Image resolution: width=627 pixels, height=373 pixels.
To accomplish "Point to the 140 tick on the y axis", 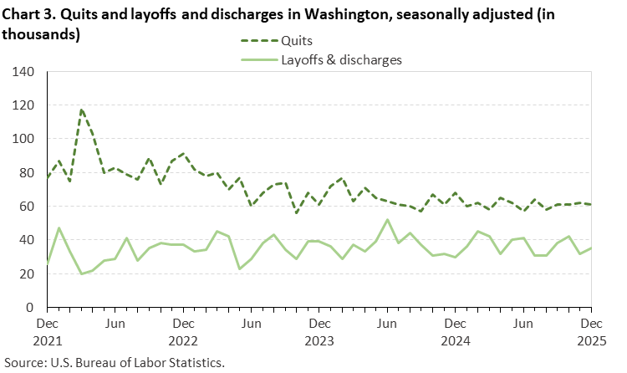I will click(23, 72).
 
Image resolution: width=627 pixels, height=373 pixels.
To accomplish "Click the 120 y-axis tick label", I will click(23, 105).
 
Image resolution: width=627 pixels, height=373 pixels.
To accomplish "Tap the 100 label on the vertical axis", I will click(23, 139).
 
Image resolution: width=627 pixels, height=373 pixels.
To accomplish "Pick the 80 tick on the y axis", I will click(26, 173).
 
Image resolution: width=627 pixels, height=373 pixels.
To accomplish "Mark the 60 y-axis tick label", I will click(26, 207).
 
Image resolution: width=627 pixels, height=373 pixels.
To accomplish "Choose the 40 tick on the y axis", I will click(26, 240).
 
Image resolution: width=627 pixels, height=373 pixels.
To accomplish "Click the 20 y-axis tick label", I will click(26, 273).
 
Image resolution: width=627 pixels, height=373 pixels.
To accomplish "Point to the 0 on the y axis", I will click(29, 307).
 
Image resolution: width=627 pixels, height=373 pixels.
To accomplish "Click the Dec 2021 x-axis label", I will click(47, 330).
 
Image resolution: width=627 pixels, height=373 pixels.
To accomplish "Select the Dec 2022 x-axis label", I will click(183, 330).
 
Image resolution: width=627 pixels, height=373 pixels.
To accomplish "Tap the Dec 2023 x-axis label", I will click(319, 330).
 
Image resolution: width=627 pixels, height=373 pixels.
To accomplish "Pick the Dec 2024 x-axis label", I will click(455, 330).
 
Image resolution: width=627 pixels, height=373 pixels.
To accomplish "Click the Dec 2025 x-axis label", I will click(590, 330).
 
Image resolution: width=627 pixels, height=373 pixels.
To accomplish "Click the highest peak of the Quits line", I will click(81, 109).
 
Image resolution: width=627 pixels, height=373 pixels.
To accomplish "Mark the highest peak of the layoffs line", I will click(387, 220).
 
